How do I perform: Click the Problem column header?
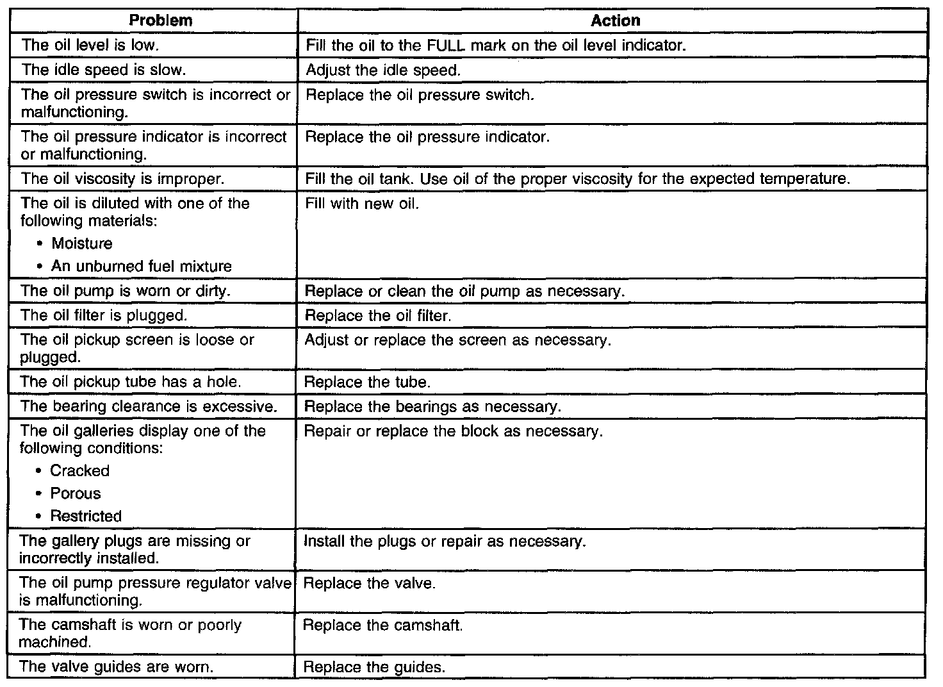point(160,21)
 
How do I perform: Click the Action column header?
point(615,21)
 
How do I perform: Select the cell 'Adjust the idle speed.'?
point(383,70)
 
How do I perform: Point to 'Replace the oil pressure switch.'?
point(420,95)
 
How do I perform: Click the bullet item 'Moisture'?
point(82,244)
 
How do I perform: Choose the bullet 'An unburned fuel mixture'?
point(142,266)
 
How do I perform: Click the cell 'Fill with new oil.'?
point(362,204)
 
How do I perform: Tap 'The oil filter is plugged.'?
point(104,315)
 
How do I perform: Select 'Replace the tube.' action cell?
point(367,383)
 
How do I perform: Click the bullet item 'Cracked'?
point(80,471)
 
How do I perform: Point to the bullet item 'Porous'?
point(76,493)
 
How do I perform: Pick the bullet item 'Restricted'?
point(86,516)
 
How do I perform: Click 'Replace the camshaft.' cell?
point(382,625)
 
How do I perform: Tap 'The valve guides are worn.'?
point(116,666)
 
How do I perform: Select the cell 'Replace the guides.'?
point(373,667)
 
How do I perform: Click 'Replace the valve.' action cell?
point(369,584)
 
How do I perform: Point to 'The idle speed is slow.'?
point(104,70)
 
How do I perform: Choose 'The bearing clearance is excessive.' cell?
point(148,406)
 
